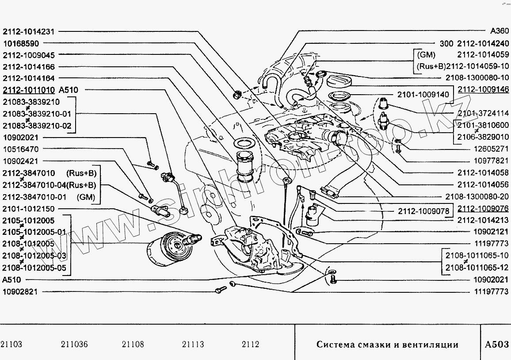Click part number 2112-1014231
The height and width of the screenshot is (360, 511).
pyautogui.click(x=29, y=32)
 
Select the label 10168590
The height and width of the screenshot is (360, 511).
pyautogui.click(x=21, y=43)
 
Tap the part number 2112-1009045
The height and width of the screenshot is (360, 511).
pyautogui.click(x=29, y=55)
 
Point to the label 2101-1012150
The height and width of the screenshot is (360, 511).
pyautogui.click(x=29, y=209)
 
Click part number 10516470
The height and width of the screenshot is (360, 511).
pyautogui.click(x=21, y=149)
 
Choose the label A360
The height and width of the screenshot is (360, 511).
pyautogui.click(x=500, y=32)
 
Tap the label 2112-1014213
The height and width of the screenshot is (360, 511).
pyautogui.click(x=483, y=220)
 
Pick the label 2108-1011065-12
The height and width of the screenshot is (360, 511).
pyautogui.click(x=478, y=267)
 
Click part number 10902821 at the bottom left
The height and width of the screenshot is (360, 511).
pyautogui.click(x=21, y=291)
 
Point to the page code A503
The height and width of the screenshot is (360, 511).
pyautogui.click(x=497, y=345)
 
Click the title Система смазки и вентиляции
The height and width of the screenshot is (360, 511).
pyautogui.click(x=387, y=345)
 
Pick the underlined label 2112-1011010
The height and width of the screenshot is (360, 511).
pyautogui.click(x=29, y=90)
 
